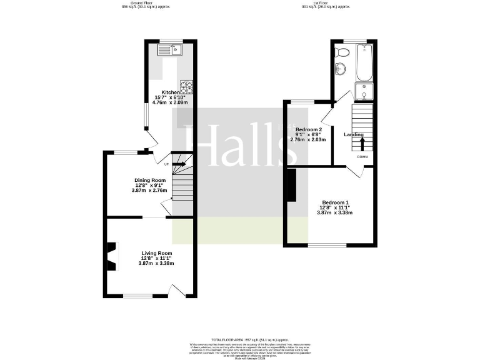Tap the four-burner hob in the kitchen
click(x=186, y=84)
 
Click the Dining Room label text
click(x=149, y=180)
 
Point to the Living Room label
click(x=156, y=253)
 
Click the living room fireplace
click(x=111, y=256)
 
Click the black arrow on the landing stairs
click(x=362, y=142)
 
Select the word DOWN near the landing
click(x=362, y=157)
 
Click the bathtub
click(x=364, y=62)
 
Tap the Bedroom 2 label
click(x=308, y=129)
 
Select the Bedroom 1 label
click(x=335, y=202)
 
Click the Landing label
click(x=354, y=134)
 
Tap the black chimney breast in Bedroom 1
click(x=291, y=186)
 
